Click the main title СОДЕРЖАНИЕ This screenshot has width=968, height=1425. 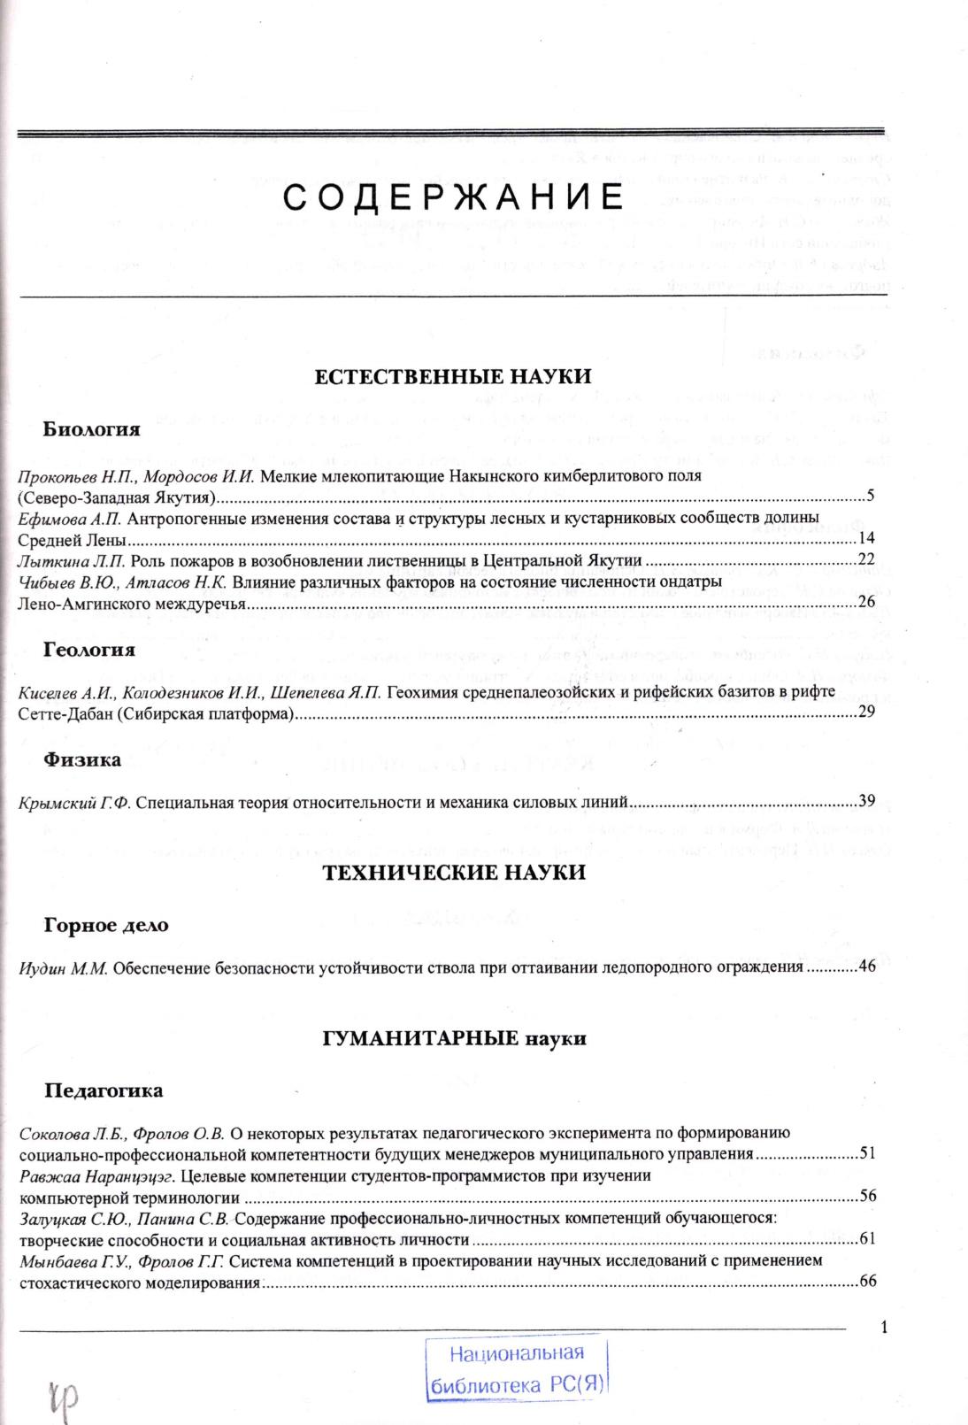tap(453, 197)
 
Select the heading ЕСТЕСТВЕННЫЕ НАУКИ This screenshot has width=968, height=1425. tap(453, 375)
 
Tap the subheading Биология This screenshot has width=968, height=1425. tap(92, 429)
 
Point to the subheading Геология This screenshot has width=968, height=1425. tap(89, 650)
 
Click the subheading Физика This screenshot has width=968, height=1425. tap(82, 759)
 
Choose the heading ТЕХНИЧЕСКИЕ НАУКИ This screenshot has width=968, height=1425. tap(453, 873)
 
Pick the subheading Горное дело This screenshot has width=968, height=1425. tap(106, 925)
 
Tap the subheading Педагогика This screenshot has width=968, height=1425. tap(104, 1090)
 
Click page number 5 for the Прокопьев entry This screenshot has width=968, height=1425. tap(870, 495)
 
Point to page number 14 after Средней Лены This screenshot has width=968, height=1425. tap(866, 538)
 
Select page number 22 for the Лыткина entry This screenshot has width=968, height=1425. tap(866, 559)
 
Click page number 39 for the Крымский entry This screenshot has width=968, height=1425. tap(866, 802)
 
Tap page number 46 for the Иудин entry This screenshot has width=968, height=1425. tap(866, 966)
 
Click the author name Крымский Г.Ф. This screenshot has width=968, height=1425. tap(74, 803)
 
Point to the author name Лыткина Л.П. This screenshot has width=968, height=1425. tap(73, 560)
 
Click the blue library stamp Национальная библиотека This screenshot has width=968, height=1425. tap(517, 1367)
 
